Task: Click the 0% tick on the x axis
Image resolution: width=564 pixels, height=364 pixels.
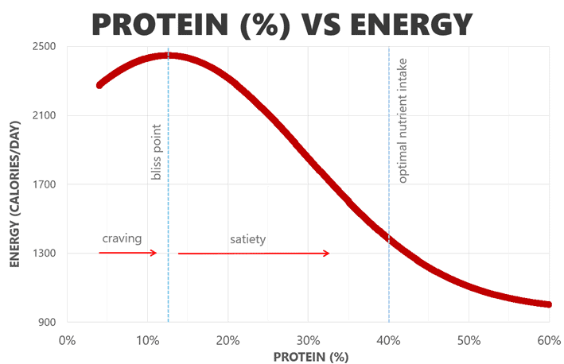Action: click(67, 340)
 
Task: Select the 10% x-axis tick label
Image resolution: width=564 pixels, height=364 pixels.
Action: click(146, 340)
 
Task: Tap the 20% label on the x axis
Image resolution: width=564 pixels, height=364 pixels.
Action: click(228, 340)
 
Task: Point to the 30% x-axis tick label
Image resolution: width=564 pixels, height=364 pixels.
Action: click(308, 340)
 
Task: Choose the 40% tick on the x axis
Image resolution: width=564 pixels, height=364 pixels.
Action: click(388, 340)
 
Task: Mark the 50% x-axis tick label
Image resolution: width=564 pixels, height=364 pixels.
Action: click(469, 340)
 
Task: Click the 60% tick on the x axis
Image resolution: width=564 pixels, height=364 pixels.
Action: click(549, 340)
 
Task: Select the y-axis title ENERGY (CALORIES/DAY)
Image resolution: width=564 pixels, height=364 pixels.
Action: click(15, 185)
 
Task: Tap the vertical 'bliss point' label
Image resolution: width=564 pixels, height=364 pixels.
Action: click(156, 152)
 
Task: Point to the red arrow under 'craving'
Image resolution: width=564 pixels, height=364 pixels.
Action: click(128, 253)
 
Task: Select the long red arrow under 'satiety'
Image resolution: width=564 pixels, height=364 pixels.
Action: click(254, 254)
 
